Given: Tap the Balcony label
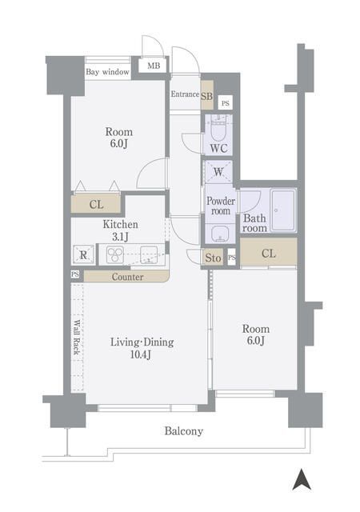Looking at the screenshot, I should [184, 431].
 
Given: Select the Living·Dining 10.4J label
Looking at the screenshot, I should [142, 349].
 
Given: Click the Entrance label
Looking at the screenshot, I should [184, 94].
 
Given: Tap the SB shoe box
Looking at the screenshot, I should [206, 98].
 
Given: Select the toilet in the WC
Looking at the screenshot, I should [218, 126].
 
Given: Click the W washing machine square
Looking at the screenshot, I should [218, 170].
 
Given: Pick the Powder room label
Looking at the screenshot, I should [220, 206].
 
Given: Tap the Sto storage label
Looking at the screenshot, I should [213, 258].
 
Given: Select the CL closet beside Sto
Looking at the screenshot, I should [269, 254].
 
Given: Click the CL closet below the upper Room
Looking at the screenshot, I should [96, 205].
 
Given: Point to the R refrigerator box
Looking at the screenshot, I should [83, 255].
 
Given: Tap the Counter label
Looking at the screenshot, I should [127, 277].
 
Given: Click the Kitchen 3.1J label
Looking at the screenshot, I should [121, 231].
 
